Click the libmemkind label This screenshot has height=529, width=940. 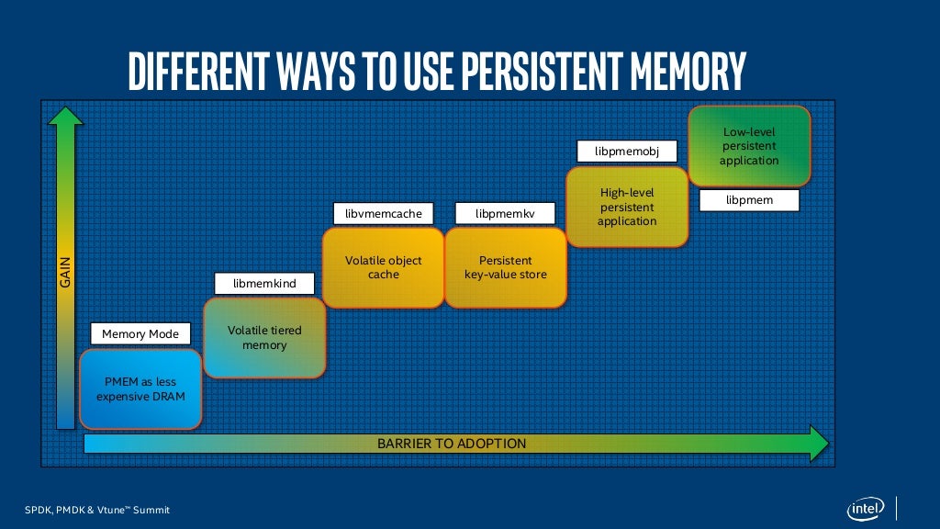pyautogui.click(x=264, y=284)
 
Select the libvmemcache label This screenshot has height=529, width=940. pyautogui.click(x=384, y=214)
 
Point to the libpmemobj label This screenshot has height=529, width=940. pyautogui.click(x=627, y=151)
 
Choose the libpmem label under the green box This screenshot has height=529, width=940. pyautogui.click(x=749, y=199)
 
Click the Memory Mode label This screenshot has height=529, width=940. pyautogui.click(x=140, y=334)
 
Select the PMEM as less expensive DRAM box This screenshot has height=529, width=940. pyautogui.click(x=140, y=389)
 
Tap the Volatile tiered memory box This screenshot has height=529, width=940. pyautogui.click(x=264, y=338)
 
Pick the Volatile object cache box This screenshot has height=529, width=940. pyautogui.click(x=384, y=267)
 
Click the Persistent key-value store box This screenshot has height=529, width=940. pyautogui.click(x=505, y=267)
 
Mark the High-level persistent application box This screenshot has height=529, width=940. pyautogui.click(x=627, y=207)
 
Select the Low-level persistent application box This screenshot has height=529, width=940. pyautogui.click(x=749, y=147)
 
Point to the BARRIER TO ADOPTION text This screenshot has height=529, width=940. pyautogui.click(x=452, y=444)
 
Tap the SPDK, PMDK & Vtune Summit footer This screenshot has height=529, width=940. pyautogui.click(x=97, y=510)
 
